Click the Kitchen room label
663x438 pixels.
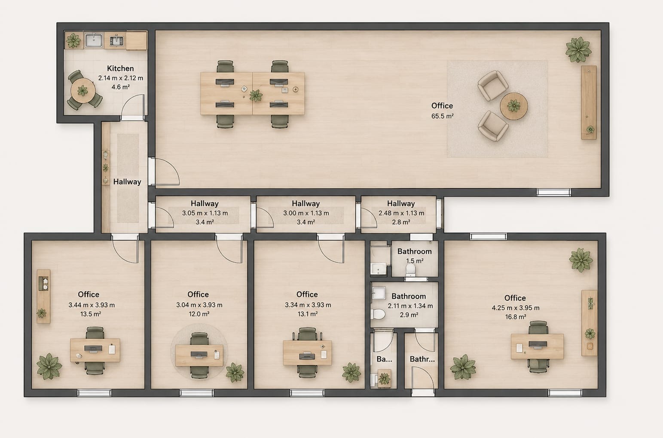coord(120,68)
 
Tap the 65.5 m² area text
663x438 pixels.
coord(442,116)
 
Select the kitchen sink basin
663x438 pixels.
coord(94,40)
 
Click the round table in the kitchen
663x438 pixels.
coord(83,90)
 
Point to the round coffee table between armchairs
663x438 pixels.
coord(513,106)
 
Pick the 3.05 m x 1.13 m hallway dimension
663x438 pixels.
coord(205,213)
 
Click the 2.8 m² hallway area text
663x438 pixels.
coord(401,222)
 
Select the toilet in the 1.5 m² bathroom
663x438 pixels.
coord(410,270)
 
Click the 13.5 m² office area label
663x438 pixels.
coord(91,314)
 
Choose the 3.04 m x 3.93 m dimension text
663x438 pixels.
coord(199,305)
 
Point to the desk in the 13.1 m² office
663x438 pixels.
coord(307,353)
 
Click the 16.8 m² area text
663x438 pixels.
coord(515,317)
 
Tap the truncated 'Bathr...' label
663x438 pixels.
coord(422,359)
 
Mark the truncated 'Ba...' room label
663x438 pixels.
coord(384,359)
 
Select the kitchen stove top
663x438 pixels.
coord(116,40)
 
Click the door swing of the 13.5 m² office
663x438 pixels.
coord(125,251)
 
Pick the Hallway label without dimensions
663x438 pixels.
coord(127,181)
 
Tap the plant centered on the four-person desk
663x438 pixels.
coord(256,96)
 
